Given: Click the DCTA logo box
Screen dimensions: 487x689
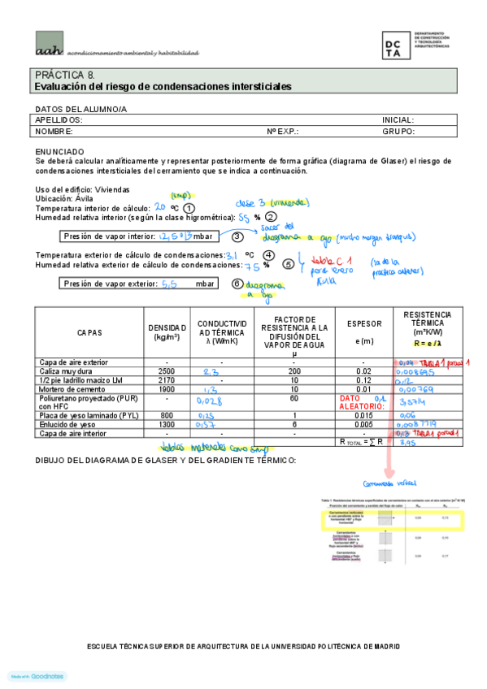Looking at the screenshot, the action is pos(396,45).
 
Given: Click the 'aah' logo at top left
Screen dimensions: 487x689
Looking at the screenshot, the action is pos(49,48).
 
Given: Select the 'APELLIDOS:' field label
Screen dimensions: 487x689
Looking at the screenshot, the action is pos(59,119).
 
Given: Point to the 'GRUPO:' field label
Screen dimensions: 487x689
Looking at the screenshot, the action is pos(398,131).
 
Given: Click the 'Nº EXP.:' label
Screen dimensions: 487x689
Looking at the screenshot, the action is pos(283,131).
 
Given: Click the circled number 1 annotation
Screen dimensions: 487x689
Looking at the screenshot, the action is pos(189,208).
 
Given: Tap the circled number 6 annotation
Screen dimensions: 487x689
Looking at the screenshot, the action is pos(237,284).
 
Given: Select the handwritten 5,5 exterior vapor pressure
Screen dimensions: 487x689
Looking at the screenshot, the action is pos(171,284).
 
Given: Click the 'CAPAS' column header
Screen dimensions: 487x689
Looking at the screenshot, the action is pos(89,333).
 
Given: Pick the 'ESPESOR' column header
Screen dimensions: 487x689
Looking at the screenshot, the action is pos(359,323).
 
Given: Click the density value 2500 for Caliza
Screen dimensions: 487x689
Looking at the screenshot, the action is pos(165,370).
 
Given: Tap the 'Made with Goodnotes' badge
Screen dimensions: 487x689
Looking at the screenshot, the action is pos(37,676).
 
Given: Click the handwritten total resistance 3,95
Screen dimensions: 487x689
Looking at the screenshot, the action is pos(410,444).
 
